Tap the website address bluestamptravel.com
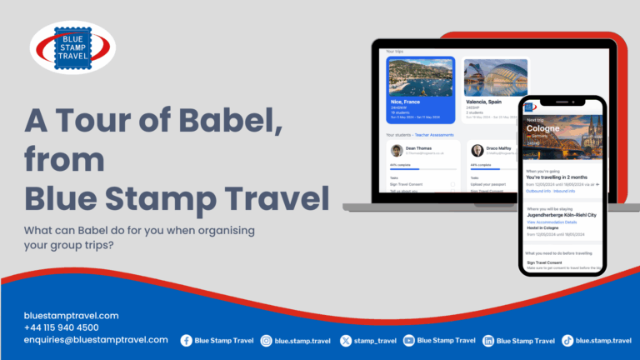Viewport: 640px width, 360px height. [72, 316]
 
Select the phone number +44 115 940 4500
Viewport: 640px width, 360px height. [62, 327]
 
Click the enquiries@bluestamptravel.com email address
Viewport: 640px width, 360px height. [97, 340]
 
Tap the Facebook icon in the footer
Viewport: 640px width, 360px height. [186, 340]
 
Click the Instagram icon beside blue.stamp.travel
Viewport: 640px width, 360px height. [267, 340]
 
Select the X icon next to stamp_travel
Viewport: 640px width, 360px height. [345, 340]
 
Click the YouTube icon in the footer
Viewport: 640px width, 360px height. [409, 340]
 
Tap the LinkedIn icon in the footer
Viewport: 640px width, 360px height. [488, 340]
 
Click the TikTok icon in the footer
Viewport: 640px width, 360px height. [567, 340]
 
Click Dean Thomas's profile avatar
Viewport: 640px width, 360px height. [397, 151]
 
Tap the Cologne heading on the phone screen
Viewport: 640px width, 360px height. [543, 128]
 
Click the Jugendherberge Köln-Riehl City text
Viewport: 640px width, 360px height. [561, 215]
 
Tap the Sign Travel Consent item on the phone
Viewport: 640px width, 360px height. [547, 262]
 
